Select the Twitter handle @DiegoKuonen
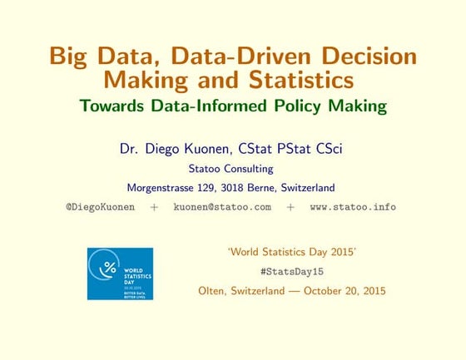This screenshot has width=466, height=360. (x=100, y=206)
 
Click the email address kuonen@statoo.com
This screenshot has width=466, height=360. (x=222, y=206)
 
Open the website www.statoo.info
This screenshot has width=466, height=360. (x=353, y=206)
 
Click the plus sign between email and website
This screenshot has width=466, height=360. (x=290, y=206)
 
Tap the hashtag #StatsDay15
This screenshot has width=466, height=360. (x=291, y=272)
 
